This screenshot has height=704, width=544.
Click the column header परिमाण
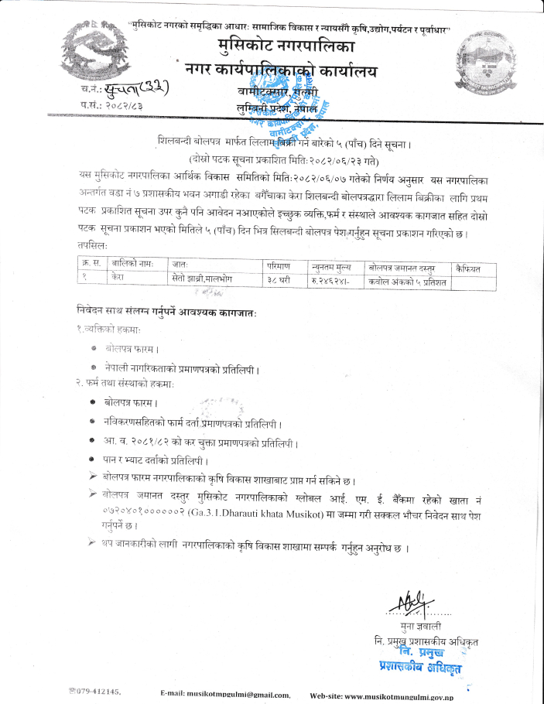click(278, 265)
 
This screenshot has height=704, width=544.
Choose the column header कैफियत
click(467, 268)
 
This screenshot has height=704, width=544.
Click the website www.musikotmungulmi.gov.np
click(399, 695)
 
